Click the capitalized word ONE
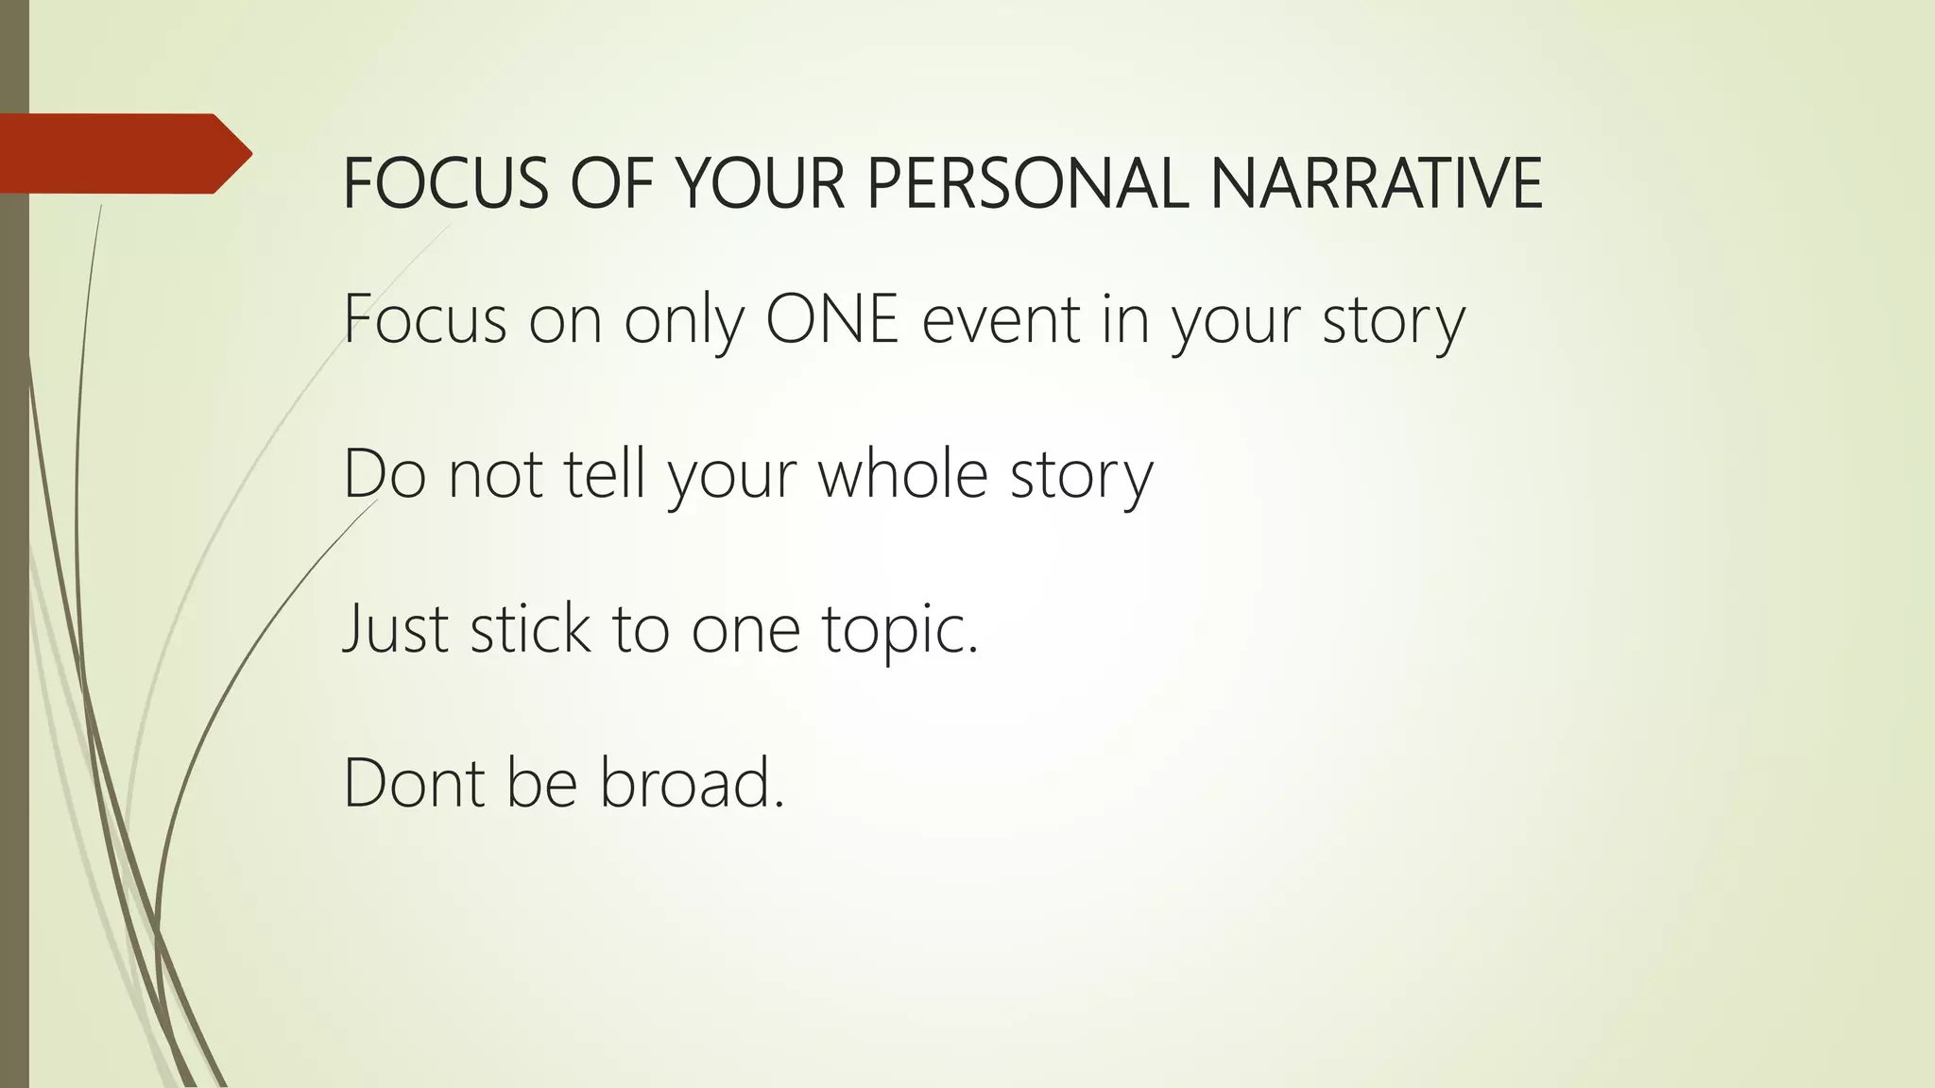[831, 319]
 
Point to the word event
[1000, 319]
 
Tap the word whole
[902, 473]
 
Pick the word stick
[530, 628]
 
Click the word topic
[899, 630]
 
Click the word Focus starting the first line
[425, 319]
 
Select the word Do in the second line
[384, 473]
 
